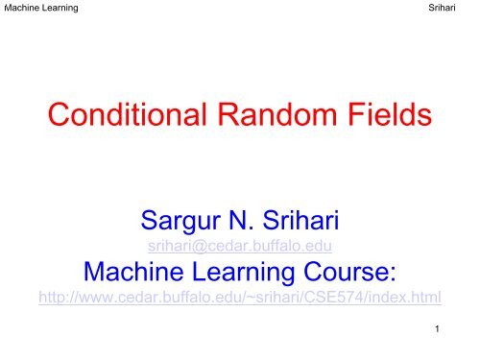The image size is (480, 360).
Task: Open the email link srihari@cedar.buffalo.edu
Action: (239, 251)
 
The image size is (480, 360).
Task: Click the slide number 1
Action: (436, 333)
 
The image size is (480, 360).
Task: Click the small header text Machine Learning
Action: (40, 9)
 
